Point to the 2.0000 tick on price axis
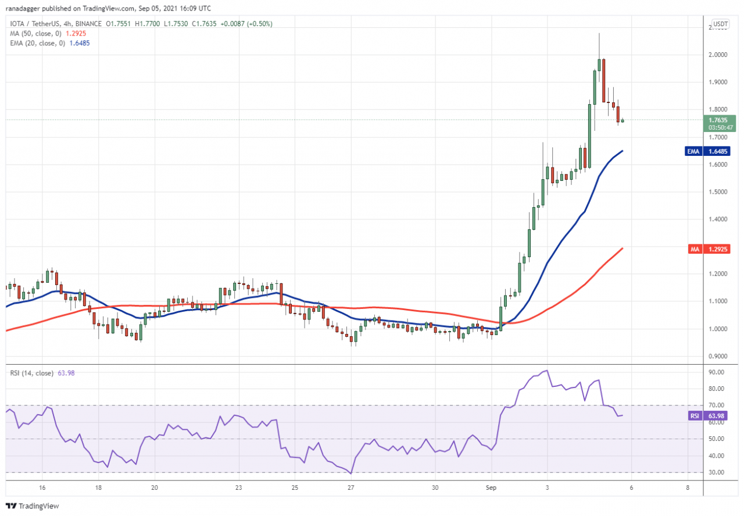717,55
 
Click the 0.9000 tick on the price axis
717,356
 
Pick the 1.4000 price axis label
717,219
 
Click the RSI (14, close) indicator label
31,373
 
